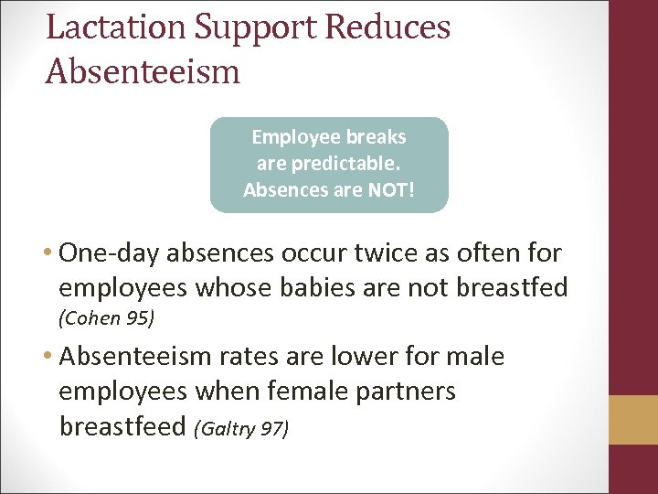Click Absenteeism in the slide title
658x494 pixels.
pyautogui.click(x=143, y=71)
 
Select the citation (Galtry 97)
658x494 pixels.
pyautogui.click(x=240, y=427)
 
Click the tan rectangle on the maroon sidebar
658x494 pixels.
pyautogui.click(x=633, y=419)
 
